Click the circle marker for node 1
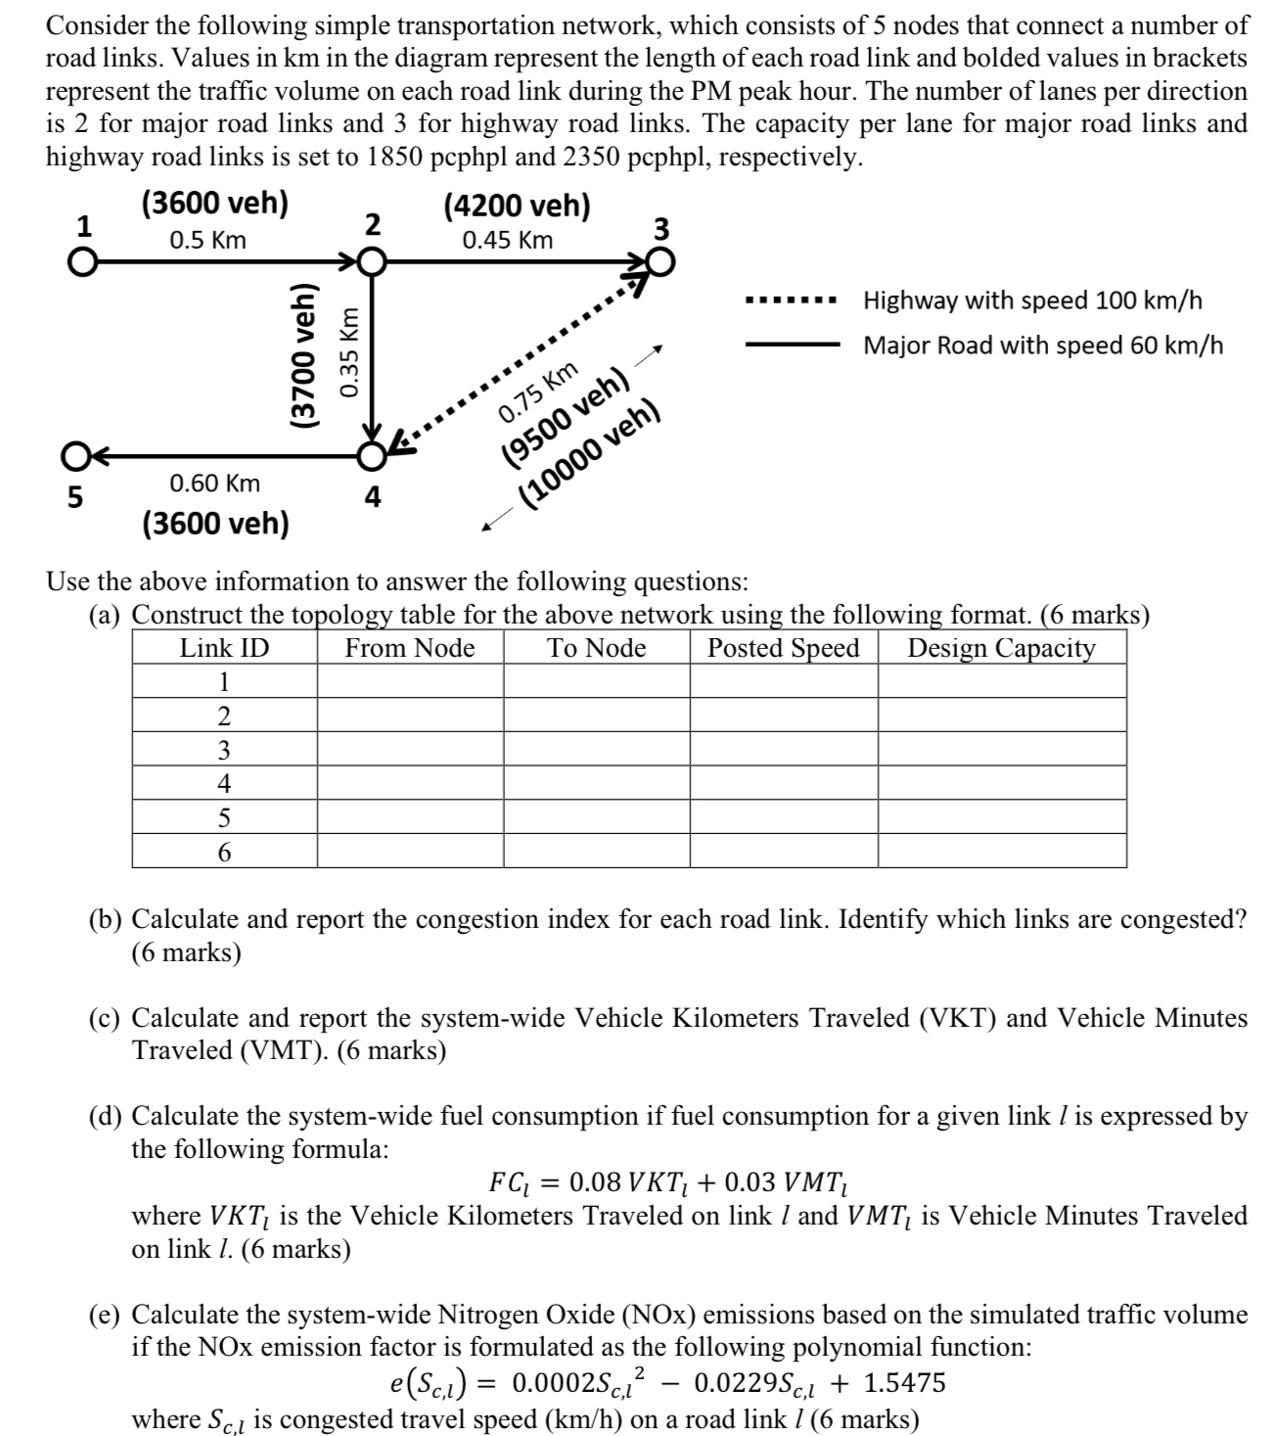pyautogui.click(x=84, y=262)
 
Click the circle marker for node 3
pyautogui.click(x=662, y=262)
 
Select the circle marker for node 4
pyautogui.click(x=371, y=456)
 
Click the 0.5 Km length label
pyautogui.click(x=207, y=240)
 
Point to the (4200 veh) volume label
pyautogui.click(x=517, y=206)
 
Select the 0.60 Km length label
pyautogui.click(x=215, y=483)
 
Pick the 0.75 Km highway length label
pyautogui.click(x=537, y=391)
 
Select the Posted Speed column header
pyautogui.click(x=783, y=648)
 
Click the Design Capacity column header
pyautogui.click(x=1001, y=648)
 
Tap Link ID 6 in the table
pyautogui.click(x=224, y=852)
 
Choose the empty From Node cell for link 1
pyautogui.click(x=410, y=681)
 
